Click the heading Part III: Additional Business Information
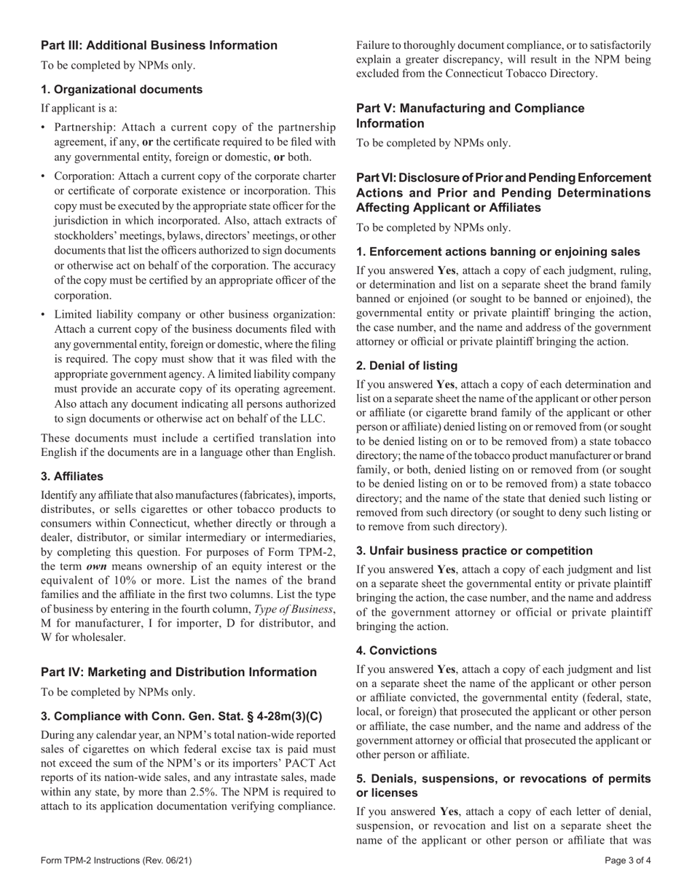point(159,45)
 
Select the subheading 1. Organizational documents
point(122,90)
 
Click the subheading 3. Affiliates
point(72,476)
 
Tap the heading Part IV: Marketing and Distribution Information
point(178,672)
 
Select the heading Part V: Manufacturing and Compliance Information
point(470,116)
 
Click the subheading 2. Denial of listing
point(406,365)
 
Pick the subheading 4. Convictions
point(396,650)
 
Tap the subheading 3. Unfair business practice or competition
point(474,551)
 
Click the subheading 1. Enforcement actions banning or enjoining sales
point(498,251)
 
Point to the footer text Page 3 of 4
point(628,860)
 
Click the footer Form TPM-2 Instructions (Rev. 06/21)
point(117,860)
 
